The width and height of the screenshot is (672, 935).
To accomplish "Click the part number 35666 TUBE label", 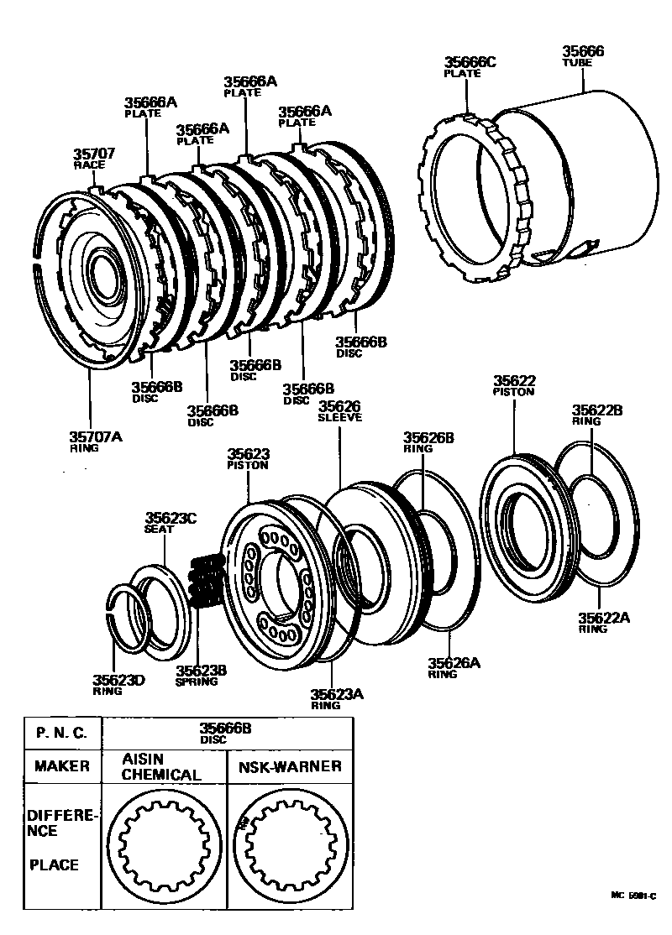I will (584, 56).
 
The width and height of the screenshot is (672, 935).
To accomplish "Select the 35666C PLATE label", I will (470, 66).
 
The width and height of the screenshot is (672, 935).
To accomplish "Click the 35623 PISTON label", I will (248, 459).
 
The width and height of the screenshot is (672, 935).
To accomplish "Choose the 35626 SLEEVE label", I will (339, 411).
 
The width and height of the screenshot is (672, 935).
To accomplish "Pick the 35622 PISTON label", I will (514, 385).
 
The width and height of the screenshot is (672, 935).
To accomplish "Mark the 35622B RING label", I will (597, 415).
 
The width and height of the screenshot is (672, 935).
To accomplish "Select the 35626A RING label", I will (454, 667).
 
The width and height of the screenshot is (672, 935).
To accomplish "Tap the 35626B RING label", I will (428, 441).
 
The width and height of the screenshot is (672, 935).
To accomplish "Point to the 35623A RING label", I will (337, 698).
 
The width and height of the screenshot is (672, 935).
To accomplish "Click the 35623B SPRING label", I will (202, 675).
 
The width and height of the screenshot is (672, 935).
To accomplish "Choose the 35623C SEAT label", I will (170, 524).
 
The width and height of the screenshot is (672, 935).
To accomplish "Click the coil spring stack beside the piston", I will (204, 581).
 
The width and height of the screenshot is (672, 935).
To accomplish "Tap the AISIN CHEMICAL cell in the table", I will (162, 767).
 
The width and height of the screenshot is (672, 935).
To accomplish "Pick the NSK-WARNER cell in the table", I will (289, 766).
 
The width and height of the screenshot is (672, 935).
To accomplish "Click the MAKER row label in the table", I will (62, 766).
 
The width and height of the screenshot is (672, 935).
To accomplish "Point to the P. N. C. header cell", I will (62, 732).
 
